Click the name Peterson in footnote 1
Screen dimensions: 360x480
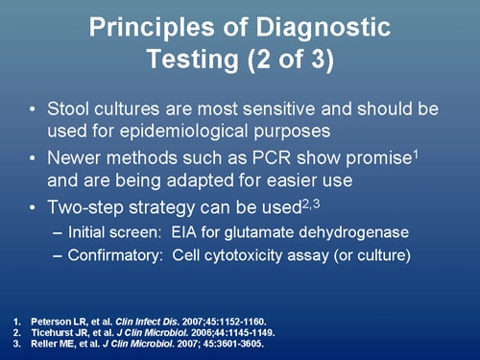point(47,317)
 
